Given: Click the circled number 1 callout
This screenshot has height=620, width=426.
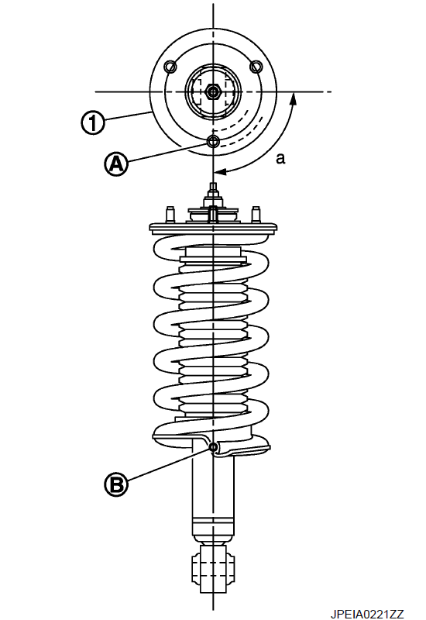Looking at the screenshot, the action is coord(92,122).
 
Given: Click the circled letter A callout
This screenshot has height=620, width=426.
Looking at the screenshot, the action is coord(115,164).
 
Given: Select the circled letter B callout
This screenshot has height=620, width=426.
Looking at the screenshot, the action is coord(116,484).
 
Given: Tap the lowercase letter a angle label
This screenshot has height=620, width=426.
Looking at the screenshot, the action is coord(280,159).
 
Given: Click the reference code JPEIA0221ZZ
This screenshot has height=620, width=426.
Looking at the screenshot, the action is coord(367,614).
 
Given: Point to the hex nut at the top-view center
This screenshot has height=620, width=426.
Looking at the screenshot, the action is coord(213,92).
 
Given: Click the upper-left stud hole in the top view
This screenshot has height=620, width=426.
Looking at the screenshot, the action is coord(170,67).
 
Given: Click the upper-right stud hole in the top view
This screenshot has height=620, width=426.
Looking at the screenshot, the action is coord(256,67).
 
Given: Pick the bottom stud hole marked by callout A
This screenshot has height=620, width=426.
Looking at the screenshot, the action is coord(214,140).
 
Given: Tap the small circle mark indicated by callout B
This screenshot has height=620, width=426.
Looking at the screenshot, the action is coord(214,447).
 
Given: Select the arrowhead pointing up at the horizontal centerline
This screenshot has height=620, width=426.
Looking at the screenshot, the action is coord(293,98).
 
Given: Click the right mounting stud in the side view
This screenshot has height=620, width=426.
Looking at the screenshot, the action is coord(256,215).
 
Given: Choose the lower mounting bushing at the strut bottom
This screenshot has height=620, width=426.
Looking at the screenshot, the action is coord(214,568).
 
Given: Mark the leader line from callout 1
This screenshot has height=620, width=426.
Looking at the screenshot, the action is coord(127,116).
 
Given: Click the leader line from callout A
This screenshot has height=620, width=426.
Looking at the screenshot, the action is coord(167,153).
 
